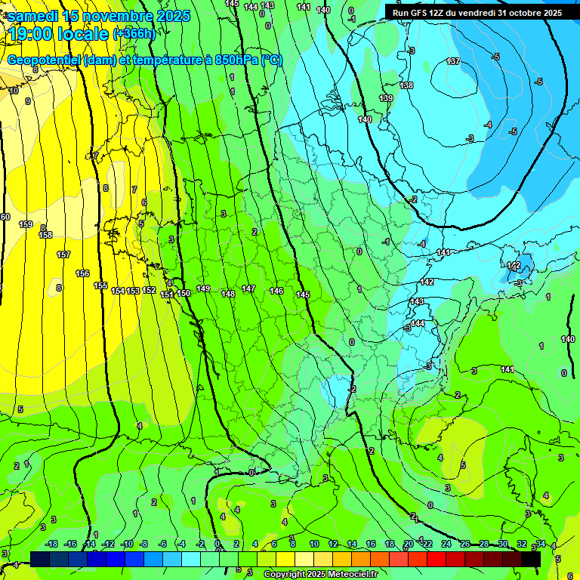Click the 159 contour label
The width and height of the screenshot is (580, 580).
(x=26, y=224)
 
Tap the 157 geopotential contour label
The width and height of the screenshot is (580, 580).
(x=63, y=255)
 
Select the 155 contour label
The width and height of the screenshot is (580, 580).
(x=100, y=285)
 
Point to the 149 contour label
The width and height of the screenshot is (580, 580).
(x=203, y=288)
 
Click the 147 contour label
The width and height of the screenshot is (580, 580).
(x=248, y=289)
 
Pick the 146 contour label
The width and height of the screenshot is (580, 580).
(x=276, y=291)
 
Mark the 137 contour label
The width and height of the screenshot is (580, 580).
(x=453, y=61)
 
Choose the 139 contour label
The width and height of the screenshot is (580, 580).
(x=386, y=99)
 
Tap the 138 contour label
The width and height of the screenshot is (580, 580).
(x=406, y=85)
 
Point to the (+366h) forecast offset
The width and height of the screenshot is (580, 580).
(x=134, y=34)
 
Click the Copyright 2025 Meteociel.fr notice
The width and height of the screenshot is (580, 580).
(x=320, y=575)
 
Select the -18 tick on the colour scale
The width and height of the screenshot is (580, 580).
(x=51, y=544)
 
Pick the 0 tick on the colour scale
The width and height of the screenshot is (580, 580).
(x=217, y=544)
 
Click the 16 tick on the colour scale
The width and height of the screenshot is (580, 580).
(x=370, y=544)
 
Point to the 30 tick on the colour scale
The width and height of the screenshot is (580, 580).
(x=502, y=544)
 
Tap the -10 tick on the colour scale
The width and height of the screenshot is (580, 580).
(x=127, y=544)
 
